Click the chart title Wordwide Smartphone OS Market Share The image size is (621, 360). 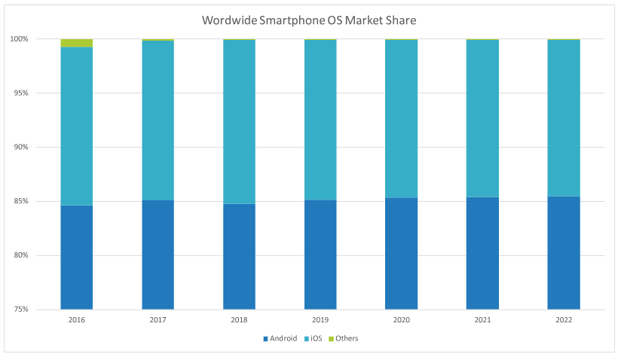pyautogui.click(x=309, y=20)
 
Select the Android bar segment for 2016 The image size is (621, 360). pyautogui.click(x=77, y=257)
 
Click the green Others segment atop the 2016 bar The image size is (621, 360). pyautogui.click(x=77, y=43)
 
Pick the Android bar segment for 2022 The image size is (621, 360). pyautogui.click(x=564, y=252)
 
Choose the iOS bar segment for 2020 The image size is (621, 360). pyautogui.click(x=401, y=119)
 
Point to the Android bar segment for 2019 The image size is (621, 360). pyautogui.click(x=320, y=255)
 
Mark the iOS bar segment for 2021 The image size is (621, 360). pyautogui.click(x=482, y=118)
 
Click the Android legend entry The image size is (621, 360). pyautogui.click(x=281, y=338)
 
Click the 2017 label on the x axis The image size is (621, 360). pyautogui.click(x=158, y=319)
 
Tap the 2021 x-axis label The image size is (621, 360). pyautogui.click(x=482, y=319)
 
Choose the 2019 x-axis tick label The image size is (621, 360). pyautogui.click(x=320, y=319)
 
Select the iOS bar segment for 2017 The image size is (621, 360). pyautogui.click(x=158, y=121)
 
